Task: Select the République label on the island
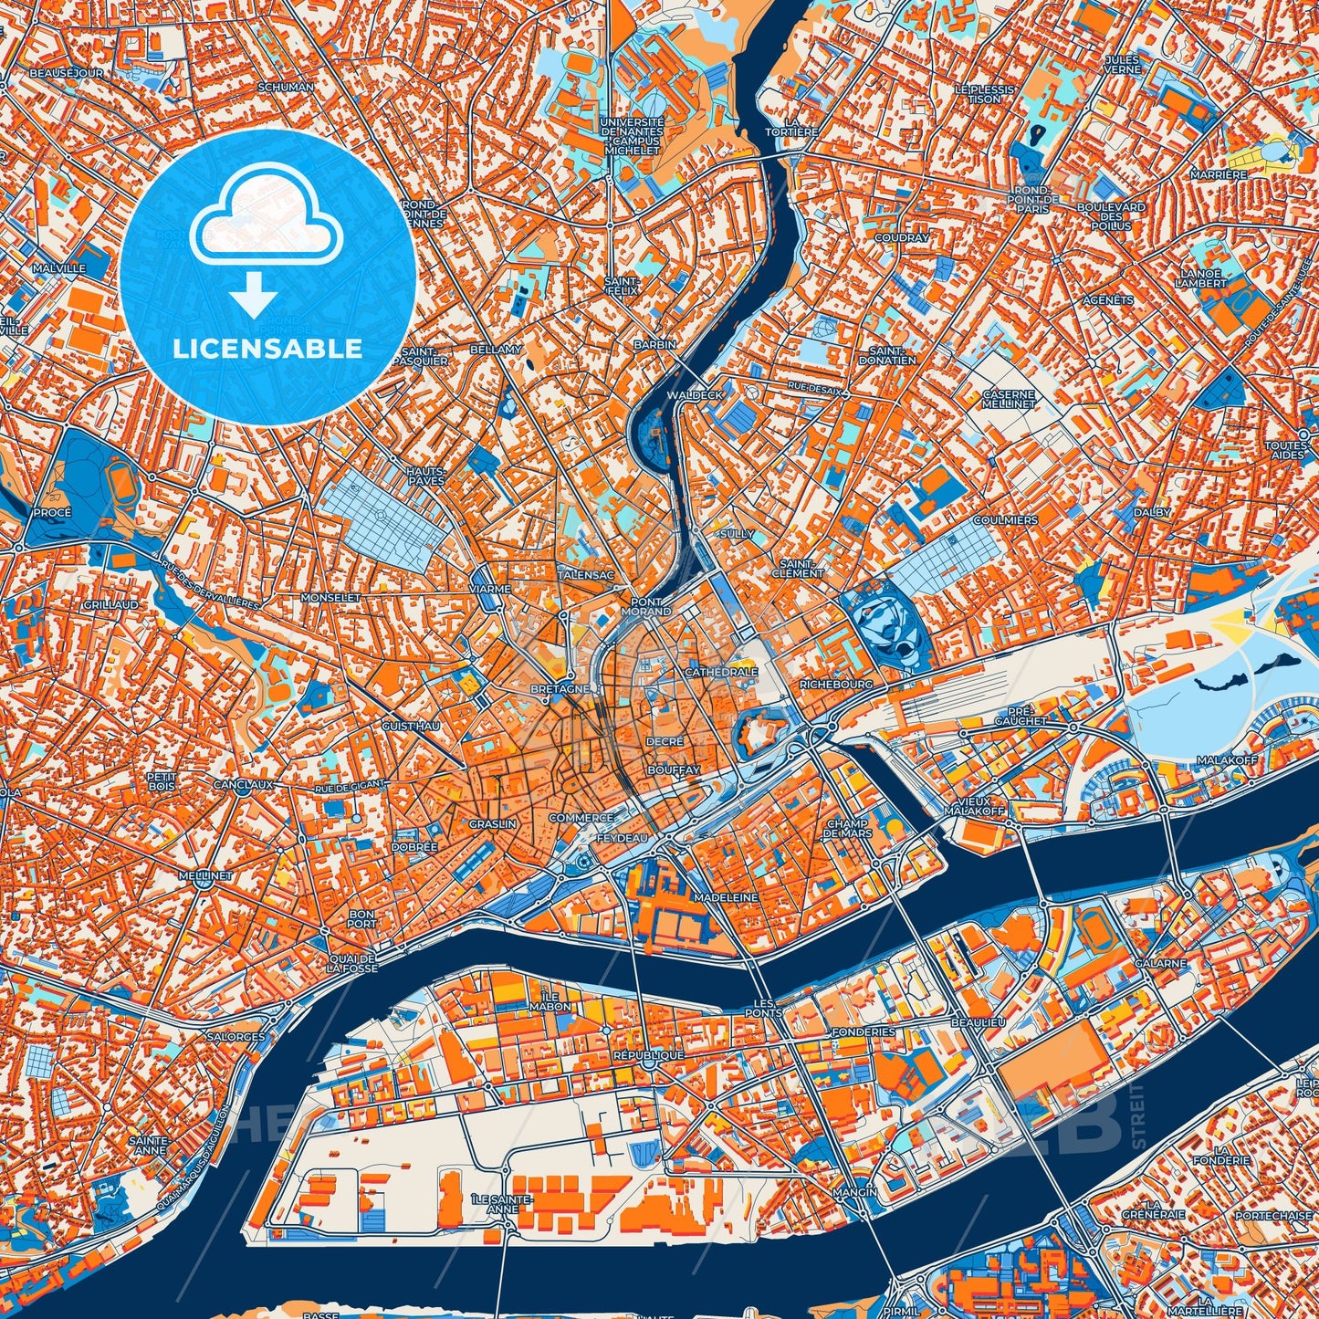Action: click(x=648, y=1054)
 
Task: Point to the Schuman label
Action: click(x=286, y=87)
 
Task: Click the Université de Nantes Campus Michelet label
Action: click(x=632, y=135)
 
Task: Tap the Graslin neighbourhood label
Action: click(x=493, y=823)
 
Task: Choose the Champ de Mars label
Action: click(x=848, y=828)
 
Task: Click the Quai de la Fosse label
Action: click(x=352, y=963)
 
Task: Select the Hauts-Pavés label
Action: click(x=425, y=475)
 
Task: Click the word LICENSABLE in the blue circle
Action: click(x=267, y=349)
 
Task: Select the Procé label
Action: click(x=52, y=512)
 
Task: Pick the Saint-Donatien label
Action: click(x=887, y=355)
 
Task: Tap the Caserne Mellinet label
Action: click(x=1009, y=398)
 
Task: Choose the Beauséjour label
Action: click(x=66, y=72)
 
